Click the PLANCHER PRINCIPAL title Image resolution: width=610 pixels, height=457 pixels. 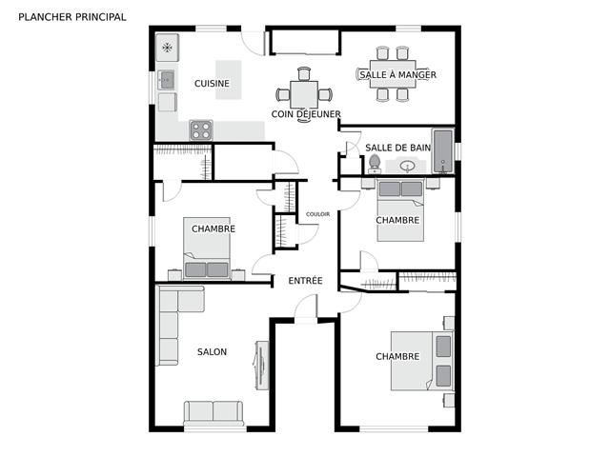[x=72, y=17]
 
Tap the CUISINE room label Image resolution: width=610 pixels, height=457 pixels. [x=212, y=83]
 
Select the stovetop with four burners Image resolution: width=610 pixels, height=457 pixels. [x=201, y=130]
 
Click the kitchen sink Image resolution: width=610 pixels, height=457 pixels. [x=168, y=80]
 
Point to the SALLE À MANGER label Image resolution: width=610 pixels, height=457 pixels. [x=397, y=74]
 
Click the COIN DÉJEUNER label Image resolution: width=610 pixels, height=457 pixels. [x=306, y=114]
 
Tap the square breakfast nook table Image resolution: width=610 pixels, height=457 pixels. [x=304, y=94]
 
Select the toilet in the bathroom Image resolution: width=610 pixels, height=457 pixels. [x=375, y=164]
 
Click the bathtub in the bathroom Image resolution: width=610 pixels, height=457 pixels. [x=443, y=151]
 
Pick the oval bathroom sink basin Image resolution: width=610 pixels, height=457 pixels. [x=407, y=167]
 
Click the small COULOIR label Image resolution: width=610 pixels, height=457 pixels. [x=317, y=214]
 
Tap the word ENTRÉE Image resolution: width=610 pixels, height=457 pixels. [x=305, y=281]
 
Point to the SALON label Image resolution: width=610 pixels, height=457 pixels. [x=212, y=352]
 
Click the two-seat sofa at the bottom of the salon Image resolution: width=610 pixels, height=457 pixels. [x=213, y=413]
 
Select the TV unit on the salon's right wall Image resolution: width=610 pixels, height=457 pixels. [x=262, y=366]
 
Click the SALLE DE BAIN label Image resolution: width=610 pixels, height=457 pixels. [x=398, y=148]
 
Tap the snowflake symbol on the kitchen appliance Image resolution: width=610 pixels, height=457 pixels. [x=168, y=48]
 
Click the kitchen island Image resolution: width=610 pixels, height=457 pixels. [x=229, y=80]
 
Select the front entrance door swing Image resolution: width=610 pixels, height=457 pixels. [x=306, y=307]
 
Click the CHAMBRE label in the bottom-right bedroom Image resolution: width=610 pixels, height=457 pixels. [x=397, y=356]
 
